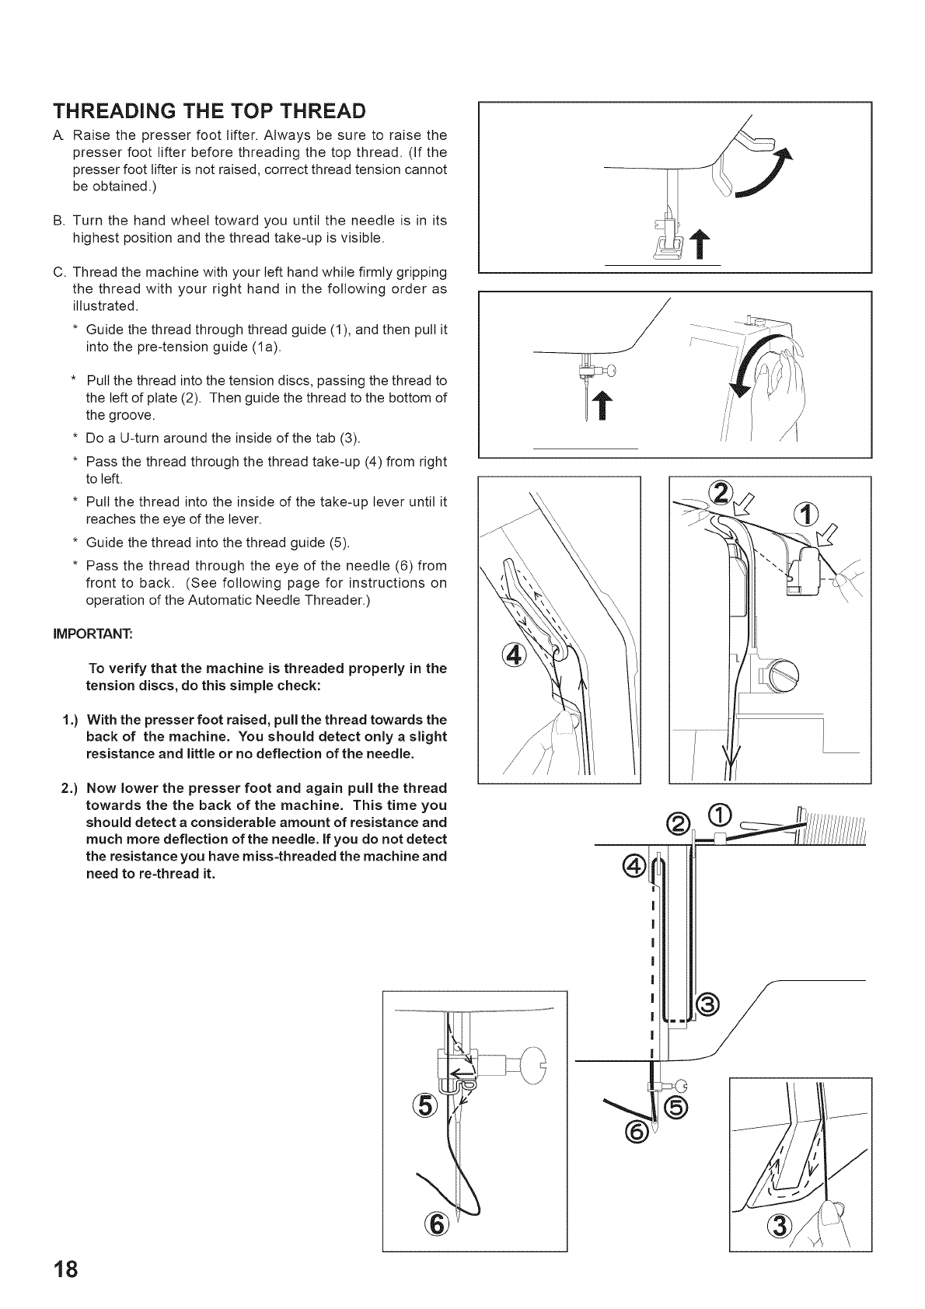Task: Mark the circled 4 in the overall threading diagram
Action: [635, 866]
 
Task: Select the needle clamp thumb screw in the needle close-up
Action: [532, 1060]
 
